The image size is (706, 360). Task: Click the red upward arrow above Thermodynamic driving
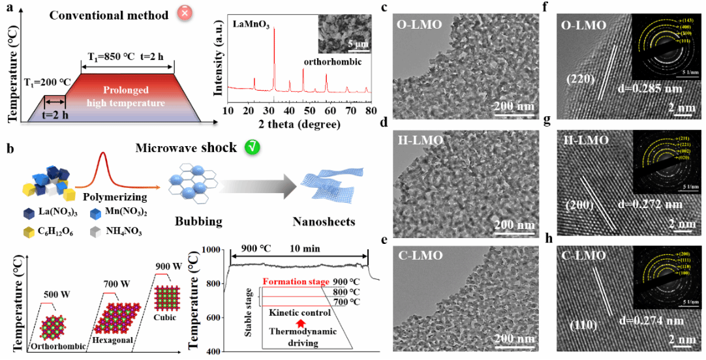click(301, 322)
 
